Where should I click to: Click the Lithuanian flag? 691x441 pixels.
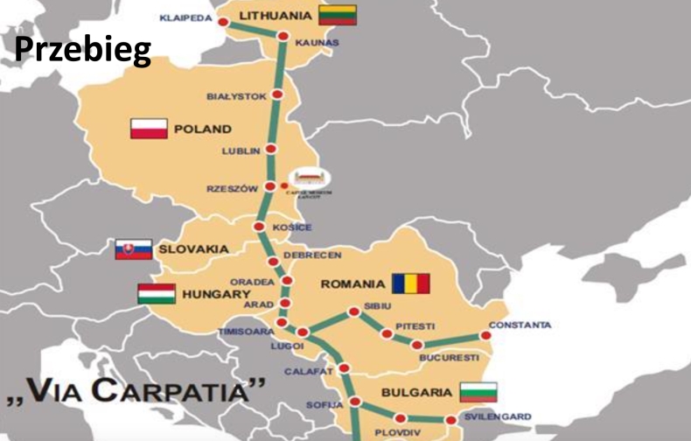pyautogui.click(x=337, y=15)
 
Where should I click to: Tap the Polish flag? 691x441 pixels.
pyautogui.click(x=149, y=129)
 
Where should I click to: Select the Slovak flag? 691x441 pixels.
pyautogui.click(x=133, y=249)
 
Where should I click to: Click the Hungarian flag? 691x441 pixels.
pyautogui.click(x=156, y=294)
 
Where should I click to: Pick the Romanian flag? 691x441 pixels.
pyautogui.click(x=410, y=283)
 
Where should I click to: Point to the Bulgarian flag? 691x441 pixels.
pyautogui.click(x=478, y=391)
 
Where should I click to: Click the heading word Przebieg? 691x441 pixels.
pyautogui.click(x=82, y=50)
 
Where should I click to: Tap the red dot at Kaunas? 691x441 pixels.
pyautogui.click(x=283, y=37)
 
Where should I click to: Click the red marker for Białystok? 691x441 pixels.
pyautogui.click(x=277, y=94)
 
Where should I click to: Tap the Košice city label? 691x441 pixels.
pyautogui.click(x=291, y=227)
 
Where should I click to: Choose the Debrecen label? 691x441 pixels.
pyautogui.click(x=311, y=255)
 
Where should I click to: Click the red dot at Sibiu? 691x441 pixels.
pyautogui.click(x=353, y=311)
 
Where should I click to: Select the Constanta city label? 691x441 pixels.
pyautogui.click(x=520, y=325)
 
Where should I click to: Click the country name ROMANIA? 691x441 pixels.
pyautogui.click(x=352, y=283)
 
